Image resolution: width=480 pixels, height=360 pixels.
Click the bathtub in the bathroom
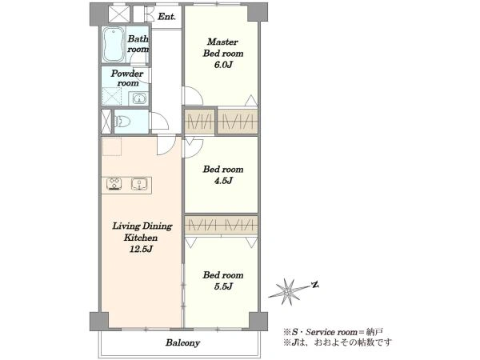(x=114, y=45)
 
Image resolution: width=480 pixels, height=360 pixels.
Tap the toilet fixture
(x=122, y=122)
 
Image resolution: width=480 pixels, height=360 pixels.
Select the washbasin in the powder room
(x=139, y=99)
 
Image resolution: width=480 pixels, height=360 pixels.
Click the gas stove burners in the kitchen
(x=114, y=184)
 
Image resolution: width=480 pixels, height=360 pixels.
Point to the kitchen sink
(x=139, y=184)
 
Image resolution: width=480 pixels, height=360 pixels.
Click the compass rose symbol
(x=288, y=291)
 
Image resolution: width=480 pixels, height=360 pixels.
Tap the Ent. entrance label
(x=166, y=17)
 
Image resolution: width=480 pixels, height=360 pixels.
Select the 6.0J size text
(x=223, y=65)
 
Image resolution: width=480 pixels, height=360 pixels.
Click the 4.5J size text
(x=223, y=181)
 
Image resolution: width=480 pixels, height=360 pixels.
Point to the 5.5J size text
(x=223, y=286)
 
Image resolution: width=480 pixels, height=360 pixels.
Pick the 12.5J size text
(x=141, y=249)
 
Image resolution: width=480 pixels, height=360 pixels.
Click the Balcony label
(x=182, y=342)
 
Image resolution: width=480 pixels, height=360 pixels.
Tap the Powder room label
(x=127, y=78)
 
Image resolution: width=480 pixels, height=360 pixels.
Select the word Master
(x=222, y=42)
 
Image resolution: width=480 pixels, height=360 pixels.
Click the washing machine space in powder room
(x=112, y=97)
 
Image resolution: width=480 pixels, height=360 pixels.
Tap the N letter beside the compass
(x=315, y=286)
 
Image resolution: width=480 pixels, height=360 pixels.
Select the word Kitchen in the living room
(x=141, y=238)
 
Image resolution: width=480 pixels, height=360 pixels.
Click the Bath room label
(x=138, y=44)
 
